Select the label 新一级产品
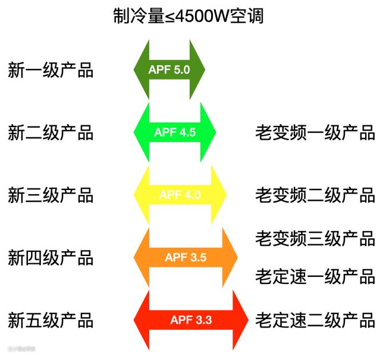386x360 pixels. (51, 70)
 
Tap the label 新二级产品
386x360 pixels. (51, 132)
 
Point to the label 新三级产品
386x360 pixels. (51, 195)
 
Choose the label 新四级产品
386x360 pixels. (51, 258)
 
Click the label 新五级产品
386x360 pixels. (51, 321)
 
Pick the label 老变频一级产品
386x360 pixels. (315, 132)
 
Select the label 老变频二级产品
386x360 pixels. (315, 195)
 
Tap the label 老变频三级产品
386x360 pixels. (315, 238)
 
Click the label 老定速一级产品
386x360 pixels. (315, 276)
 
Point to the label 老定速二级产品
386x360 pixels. (315, 321)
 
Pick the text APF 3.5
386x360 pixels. (186, 258)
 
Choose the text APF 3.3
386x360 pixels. (191, 321)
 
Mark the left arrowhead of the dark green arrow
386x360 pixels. (140, 70)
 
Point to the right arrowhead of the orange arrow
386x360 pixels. (229, 258)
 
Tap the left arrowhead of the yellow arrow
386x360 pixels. (140, 195)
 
